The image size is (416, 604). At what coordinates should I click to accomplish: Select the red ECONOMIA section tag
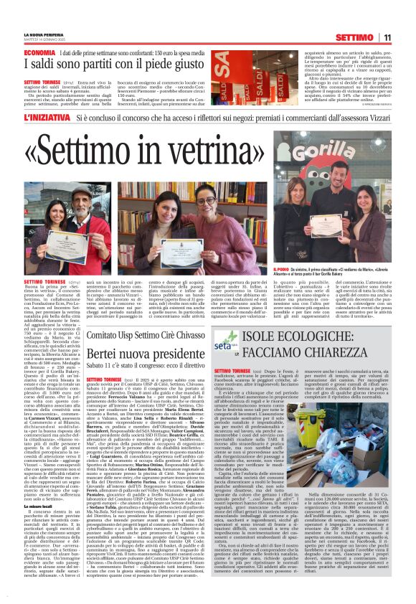tap(39, 54)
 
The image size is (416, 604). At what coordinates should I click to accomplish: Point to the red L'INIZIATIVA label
tap(47, 115)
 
